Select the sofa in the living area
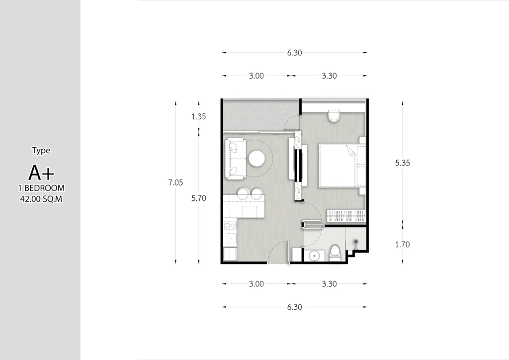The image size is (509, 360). (235, 159)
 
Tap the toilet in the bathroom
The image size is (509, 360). (335, 252)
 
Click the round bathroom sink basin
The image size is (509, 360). (314, 256)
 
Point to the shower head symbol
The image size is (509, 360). (356, 242)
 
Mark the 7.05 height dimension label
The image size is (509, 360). (176, 182)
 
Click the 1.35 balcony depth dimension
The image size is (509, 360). (198, 117)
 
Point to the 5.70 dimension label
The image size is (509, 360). (198, 198)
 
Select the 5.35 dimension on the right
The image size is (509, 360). (403, 163)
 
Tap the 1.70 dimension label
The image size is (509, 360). (403, 244)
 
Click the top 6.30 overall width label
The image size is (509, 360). (294, 53)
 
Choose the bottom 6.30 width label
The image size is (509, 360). (294, 307)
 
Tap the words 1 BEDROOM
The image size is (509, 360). (41, 188)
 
